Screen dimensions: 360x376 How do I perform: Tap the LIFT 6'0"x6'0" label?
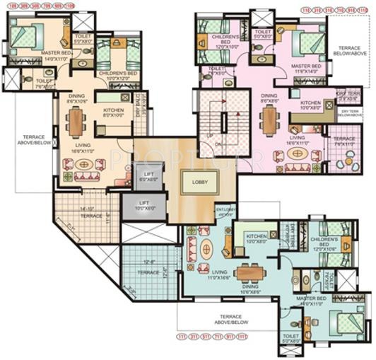coord(148,177)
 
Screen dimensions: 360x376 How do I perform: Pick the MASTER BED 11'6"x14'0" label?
coord(306,69)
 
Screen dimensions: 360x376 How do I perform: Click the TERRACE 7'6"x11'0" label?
coord(344,141)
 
